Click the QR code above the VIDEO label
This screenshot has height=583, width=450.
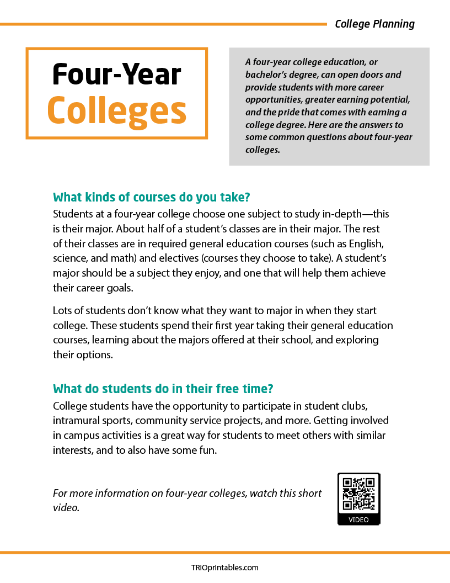tap(359, 494)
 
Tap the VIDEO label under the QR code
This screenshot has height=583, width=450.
tap(359, 520)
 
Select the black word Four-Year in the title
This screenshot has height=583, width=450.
tap(117, 74)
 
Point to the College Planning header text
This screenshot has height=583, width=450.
tap(374, 24)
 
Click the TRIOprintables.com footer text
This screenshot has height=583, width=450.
tap(224, 567)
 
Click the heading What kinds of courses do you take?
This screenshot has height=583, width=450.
tap(156, 197)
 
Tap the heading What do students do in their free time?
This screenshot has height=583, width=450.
tap(163, 388)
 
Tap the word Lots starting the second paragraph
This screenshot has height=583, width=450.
tap(62, 311)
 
